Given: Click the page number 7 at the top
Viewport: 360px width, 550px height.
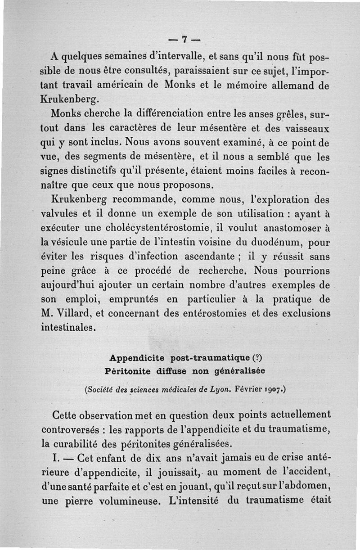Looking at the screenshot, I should (184, 40).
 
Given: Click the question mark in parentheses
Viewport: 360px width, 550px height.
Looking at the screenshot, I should (257, 359).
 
